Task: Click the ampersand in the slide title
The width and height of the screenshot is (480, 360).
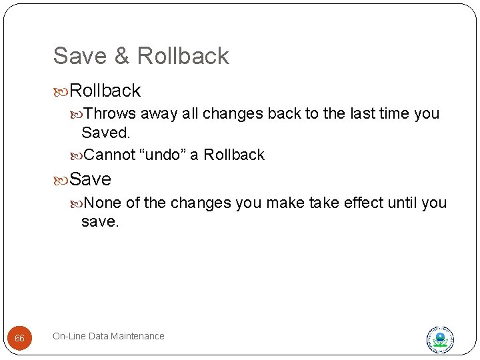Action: coord(121,56)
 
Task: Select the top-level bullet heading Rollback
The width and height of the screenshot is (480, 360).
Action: coord(105,90)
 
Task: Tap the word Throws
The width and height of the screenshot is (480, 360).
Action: coord(111,113)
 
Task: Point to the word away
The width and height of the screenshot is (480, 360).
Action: coord(159,113)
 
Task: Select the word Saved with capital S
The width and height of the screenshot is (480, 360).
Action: coord(105,133)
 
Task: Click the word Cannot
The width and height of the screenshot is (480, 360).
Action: coord(110,155)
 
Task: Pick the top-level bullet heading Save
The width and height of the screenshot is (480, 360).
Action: coord(90,179)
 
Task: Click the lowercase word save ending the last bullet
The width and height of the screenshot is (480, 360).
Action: coord(99,222)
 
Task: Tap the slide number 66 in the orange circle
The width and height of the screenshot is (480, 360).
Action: coord(19,339)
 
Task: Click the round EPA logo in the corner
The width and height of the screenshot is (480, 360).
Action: coord(440,339)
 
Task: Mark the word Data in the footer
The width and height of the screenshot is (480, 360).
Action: coord(99,336)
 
